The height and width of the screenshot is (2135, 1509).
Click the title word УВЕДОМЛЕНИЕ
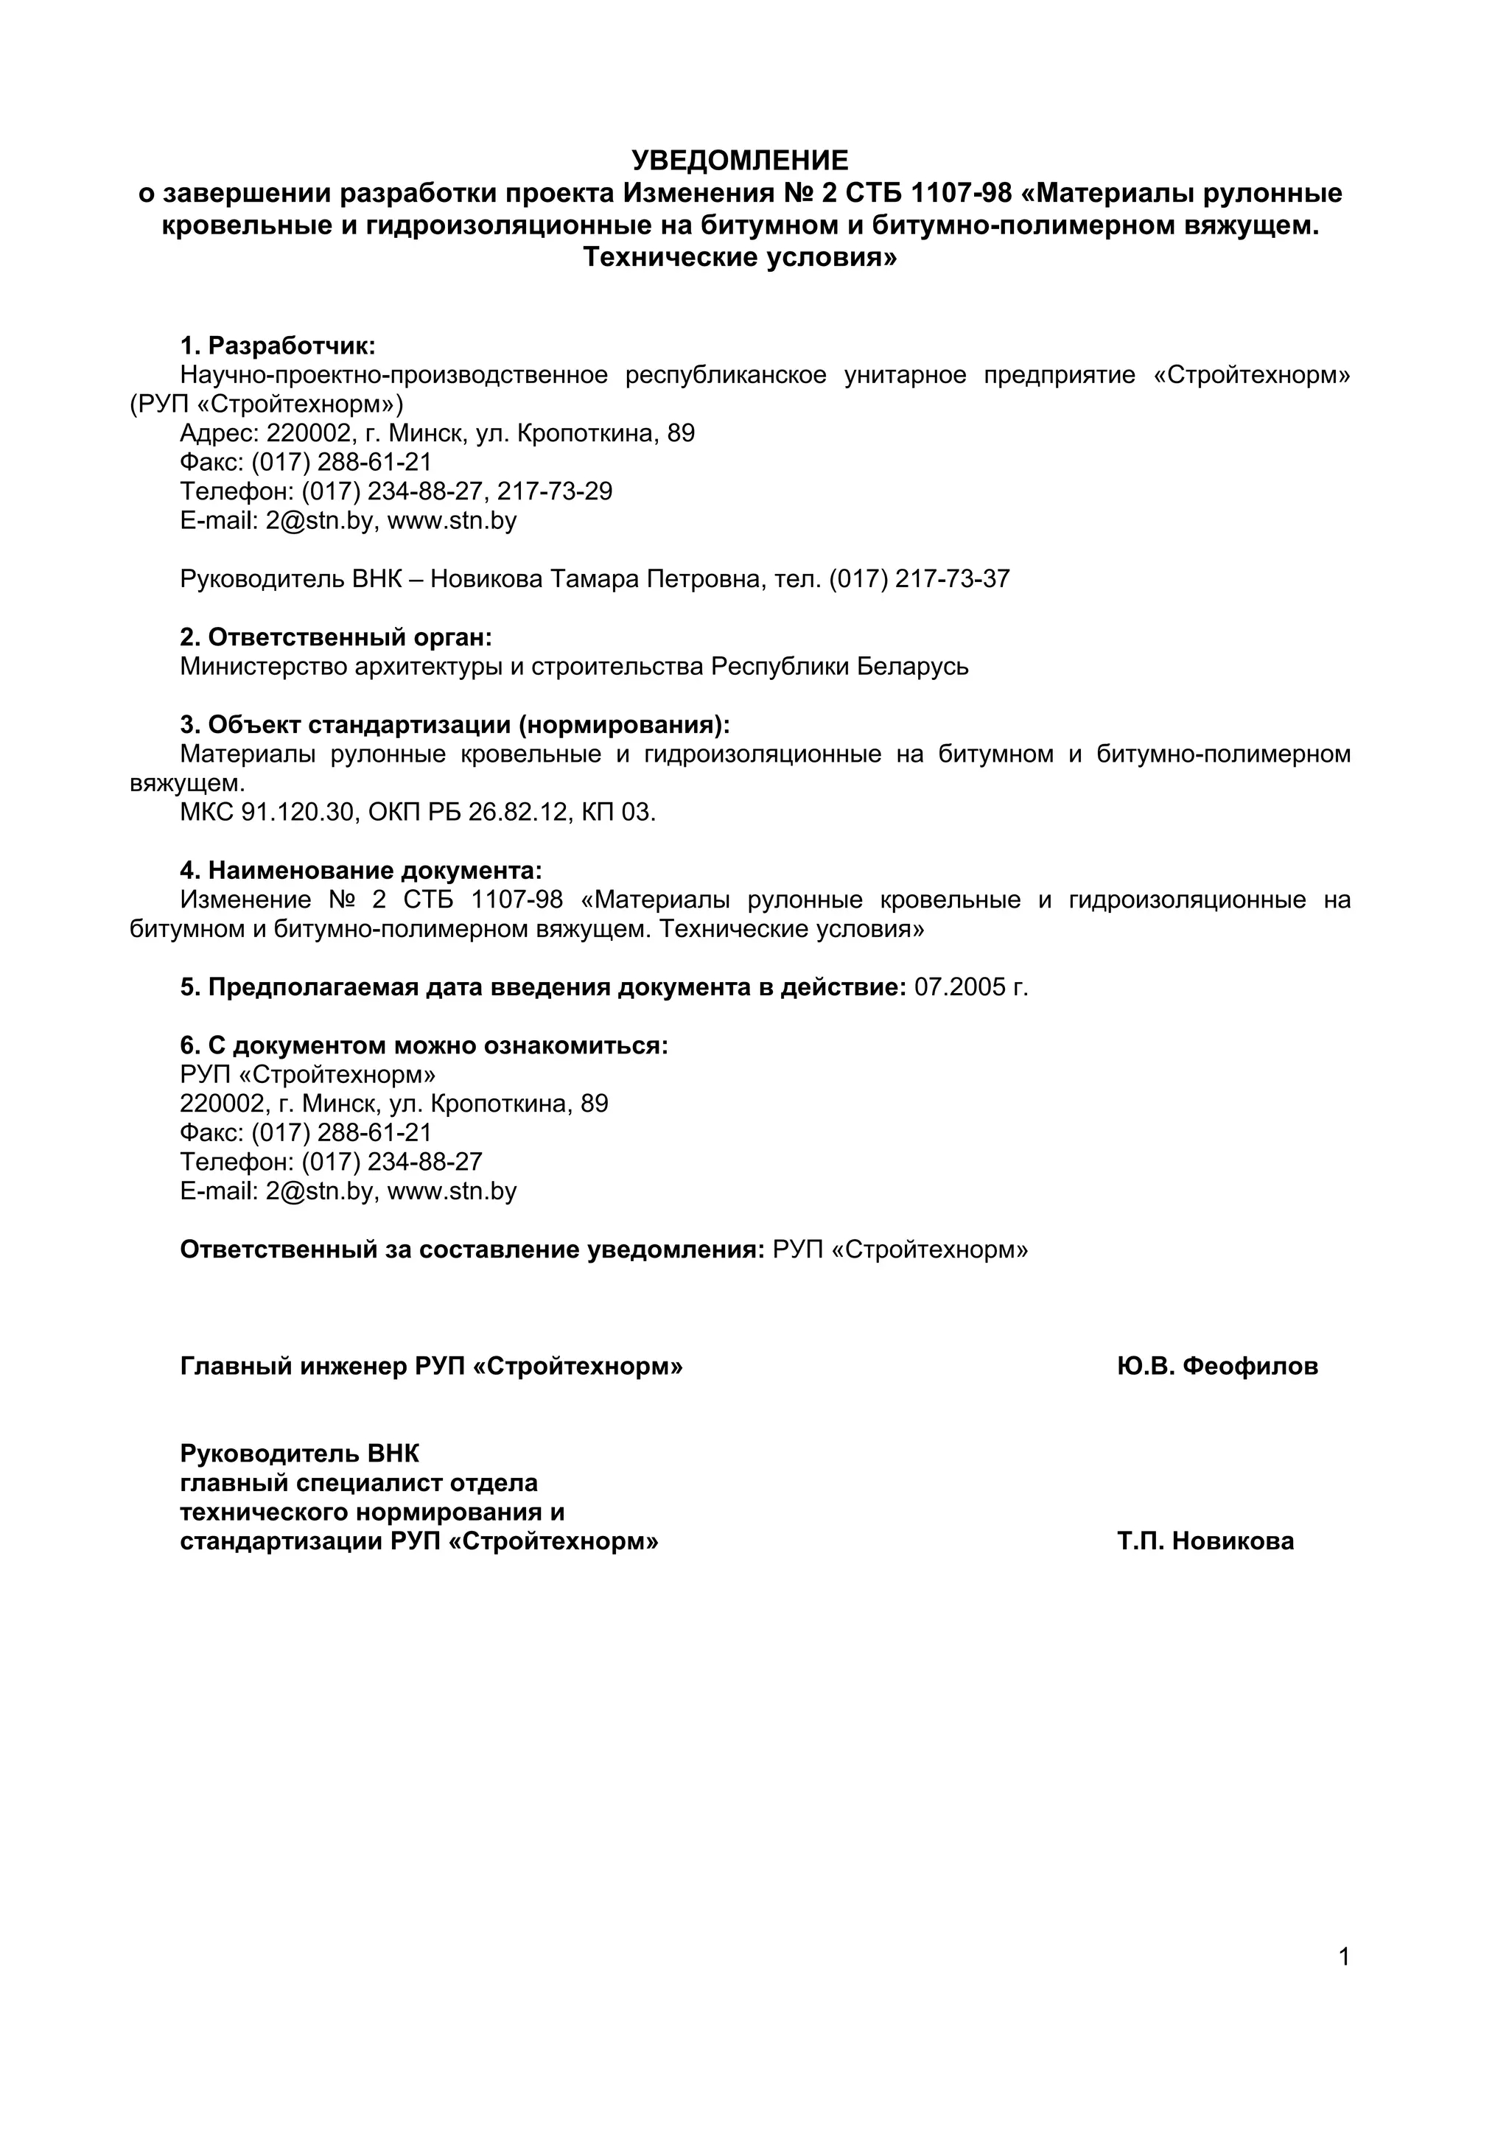tap(739, 161)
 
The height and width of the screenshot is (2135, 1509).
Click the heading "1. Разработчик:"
tap(277, 346)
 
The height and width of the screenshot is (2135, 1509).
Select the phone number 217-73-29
tap(555, 491)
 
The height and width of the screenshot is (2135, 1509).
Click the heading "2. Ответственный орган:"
tap(336, 637)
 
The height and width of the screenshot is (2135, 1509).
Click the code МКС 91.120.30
tap(267, 813)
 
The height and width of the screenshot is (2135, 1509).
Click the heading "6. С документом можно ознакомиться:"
tap(424, 1046)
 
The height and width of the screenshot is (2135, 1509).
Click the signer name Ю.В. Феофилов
tap(1217, 1366)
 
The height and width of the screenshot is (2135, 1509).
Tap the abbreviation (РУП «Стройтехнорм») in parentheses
tap(267, 404)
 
